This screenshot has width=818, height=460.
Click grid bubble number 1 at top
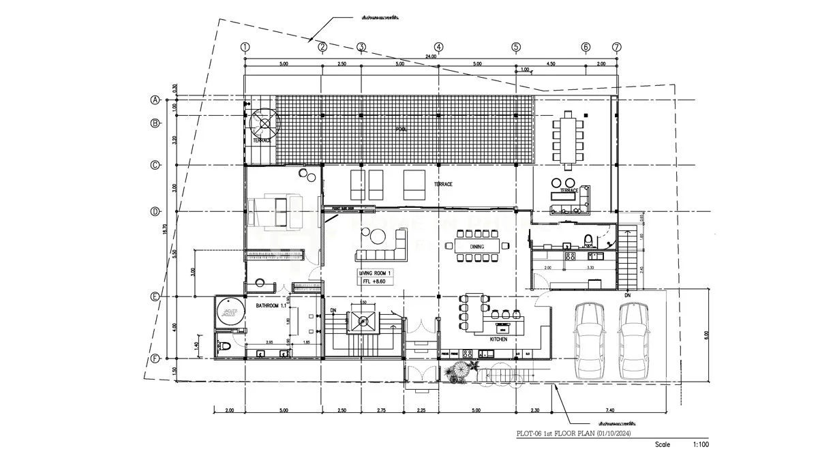(x=245, y=47)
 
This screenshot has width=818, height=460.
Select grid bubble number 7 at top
(x=617, y=47)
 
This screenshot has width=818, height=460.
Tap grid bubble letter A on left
(x=155, y=100)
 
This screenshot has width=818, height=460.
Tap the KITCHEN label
(x=500, y=339)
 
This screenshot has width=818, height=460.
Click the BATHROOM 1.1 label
(x=271, y=306)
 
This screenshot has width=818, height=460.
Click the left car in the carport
(x=589, y=340)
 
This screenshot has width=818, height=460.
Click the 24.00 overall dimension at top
(x=431, y=57)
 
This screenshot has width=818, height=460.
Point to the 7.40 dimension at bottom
(x=609, y=410)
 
